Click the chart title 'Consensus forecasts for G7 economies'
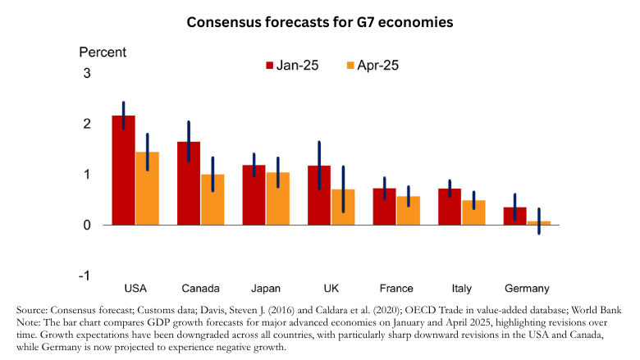click(x=320, y=22)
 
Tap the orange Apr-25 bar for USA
click(x=147, y=189)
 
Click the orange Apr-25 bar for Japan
click(x=277, y=198)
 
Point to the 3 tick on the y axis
click(x=86, y=74)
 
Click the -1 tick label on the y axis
click(x=85, y=275)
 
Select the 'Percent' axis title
click(x=103, y=52)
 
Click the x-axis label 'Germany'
click(x=526, y=288)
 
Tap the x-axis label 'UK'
click(x=331, y=288)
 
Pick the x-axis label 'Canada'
click(x=200, y=288)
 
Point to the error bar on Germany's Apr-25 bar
click(x=539, y=221)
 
